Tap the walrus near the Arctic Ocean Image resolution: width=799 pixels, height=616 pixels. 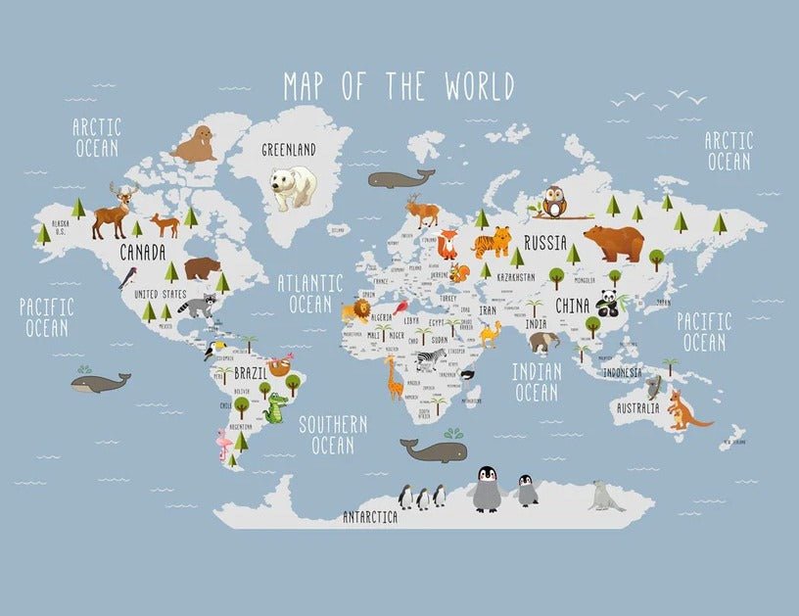195,144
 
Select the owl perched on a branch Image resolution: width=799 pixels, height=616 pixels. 555,202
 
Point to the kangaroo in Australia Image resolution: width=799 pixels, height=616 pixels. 681,410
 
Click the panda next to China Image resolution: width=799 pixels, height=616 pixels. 608,304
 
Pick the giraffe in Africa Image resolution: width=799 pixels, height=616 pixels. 393,377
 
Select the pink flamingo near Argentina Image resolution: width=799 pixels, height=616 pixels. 225,448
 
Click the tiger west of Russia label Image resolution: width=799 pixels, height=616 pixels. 492,241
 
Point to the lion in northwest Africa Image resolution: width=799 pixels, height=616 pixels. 355,311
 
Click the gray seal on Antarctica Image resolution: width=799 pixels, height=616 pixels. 605,498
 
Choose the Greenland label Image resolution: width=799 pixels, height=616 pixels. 288,150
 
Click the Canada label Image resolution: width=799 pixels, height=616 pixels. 142,253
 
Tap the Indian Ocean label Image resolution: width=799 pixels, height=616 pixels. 537,382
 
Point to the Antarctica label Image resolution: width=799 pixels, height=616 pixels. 369,516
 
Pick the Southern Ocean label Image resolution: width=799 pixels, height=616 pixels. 333,435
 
